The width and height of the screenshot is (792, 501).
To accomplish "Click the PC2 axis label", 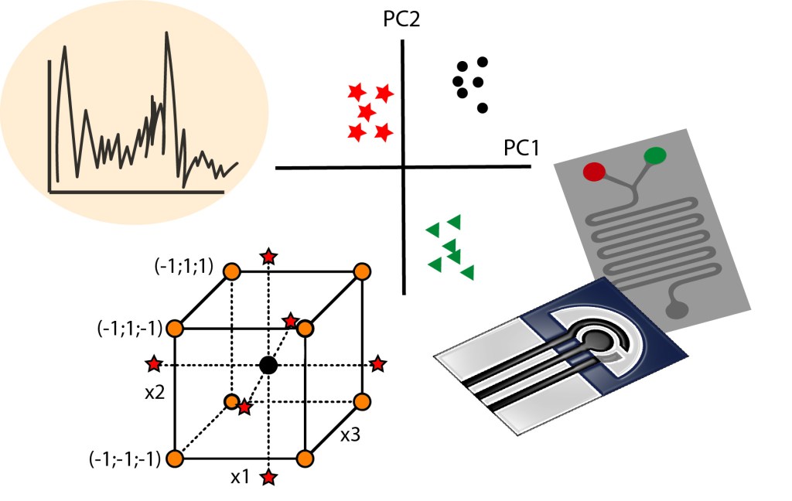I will pyautogui.click(x=402, y=19).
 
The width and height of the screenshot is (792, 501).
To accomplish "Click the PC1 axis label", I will pyautogui.click(x=522, y=148).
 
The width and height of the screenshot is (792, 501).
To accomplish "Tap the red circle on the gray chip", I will pyautogui.click(x=595, y=172).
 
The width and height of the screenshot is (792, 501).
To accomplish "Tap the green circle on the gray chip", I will pyautogui.click(x=654, y=156).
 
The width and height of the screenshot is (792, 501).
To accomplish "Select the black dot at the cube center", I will pyautogui.click(x=268, y=364).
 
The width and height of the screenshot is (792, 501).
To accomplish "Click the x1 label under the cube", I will pyautogui.click(x=240, y=478).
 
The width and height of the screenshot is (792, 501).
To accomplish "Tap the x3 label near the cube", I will pyautogui.click(x=350, y=435).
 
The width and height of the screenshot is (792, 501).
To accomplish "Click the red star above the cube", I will pyautogui.click(x=268, y=256).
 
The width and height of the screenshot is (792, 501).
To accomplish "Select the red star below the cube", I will pyautogui.click(x=268, y=478).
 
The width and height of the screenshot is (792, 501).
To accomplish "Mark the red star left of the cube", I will pyautogui.click(x=155, y=363).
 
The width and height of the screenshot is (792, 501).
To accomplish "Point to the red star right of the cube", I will pyautogui.click(x=378, y=363).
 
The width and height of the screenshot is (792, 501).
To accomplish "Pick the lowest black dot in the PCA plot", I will pyautogui.click(x=483, y=108).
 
